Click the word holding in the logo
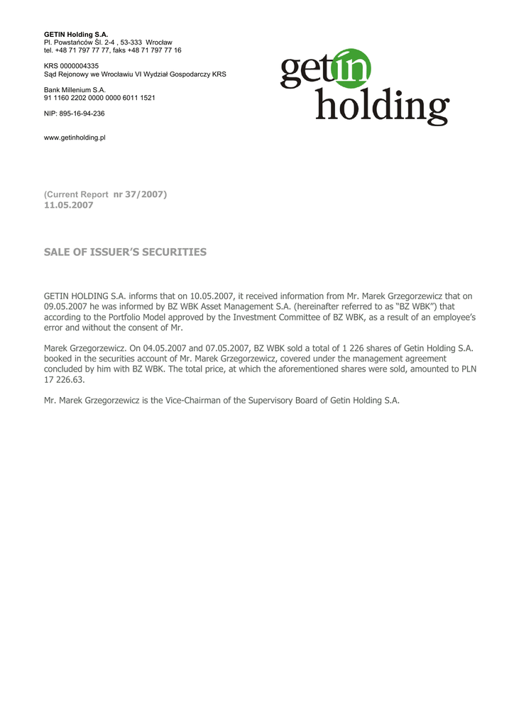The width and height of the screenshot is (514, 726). tap(381, 106)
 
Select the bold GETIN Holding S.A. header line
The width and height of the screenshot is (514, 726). tap(76, 34)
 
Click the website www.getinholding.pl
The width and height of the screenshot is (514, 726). tap(75, 138)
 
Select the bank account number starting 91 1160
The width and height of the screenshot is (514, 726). tap(99, 98)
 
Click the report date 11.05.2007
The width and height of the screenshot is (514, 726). tap(68, 205)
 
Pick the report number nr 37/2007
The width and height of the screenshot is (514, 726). tap(140, 194)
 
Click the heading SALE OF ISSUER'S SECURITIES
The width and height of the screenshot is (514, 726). tap(125, 252)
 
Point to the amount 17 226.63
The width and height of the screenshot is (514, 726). tap(64, 379)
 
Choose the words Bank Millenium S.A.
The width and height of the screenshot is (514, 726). tap(75, 90)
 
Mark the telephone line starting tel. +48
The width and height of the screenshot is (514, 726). tap(112, 50)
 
